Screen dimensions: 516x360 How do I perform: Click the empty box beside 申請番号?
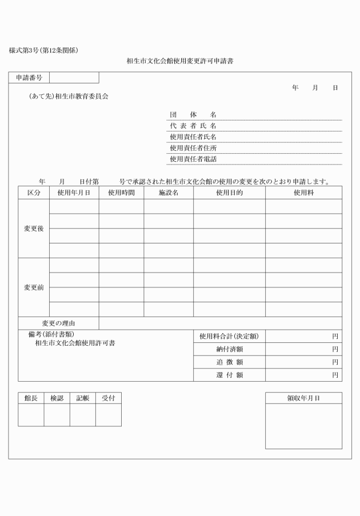[x=74, y=77]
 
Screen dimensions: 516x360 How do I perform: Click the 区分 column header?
[x=34, y=193]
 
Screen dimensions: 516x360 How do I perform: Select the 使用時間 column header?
[x=121, y=193]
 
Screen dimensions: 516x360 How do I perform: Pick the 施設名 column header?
[x=169, y=193]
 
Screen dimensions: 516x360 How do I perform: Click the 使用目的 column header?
[x=229, y=193]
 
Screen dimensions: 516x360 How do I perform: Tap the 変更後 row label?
[x=34, y=229]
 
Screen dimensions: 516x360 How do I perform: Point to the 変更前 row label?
[x=34, y=287]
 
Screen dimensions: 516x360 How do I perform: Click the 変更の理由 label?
[x=58, y=323]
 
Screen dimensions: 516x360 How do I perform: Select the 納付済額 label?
[x=229, y=349]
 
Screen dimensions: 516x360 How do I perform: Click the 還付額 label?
[x=229, y=375]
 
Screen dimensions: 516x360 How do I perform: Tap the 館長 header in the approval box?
[x=31, y=398]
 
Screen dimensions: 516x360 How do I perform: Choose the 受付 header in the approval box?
[x=108, y=398]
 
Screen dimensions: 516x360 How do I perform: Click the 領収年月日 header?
[x=303, y=398]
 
